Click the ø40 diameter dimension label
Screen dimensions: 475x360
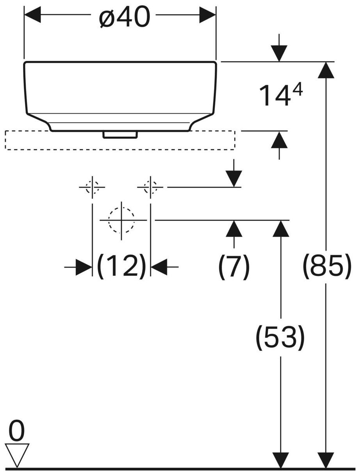point(124,18)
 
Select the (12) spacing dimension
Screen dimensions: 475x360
point(121,267)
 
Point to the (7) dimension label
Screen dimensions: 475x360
point(234,267)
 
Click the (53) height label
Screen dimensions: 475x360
point(280,337)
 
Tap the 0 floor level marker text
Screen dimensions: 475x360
point(16,431)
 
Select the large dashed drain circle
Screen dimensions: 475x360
point(121,220)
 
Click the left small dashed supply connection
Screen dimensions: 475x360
point(92,187)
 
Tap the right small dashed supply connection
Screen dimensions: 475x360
point(150,187)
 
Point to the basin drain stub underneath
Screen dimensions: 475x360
point(120,134)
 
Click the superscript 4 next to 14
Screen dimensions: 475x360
point(297,91)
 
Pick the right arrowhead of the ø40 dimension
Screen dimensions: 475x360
point(207,15)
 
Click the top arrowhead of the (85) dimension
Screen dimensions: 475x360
point(326,70)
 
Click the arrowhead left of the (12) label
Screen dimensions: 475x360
point(84,267)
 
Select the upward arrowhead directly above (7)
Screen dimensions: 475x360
point(234,229)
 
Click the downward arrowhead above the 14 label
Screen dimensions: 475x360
point(279,53)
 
